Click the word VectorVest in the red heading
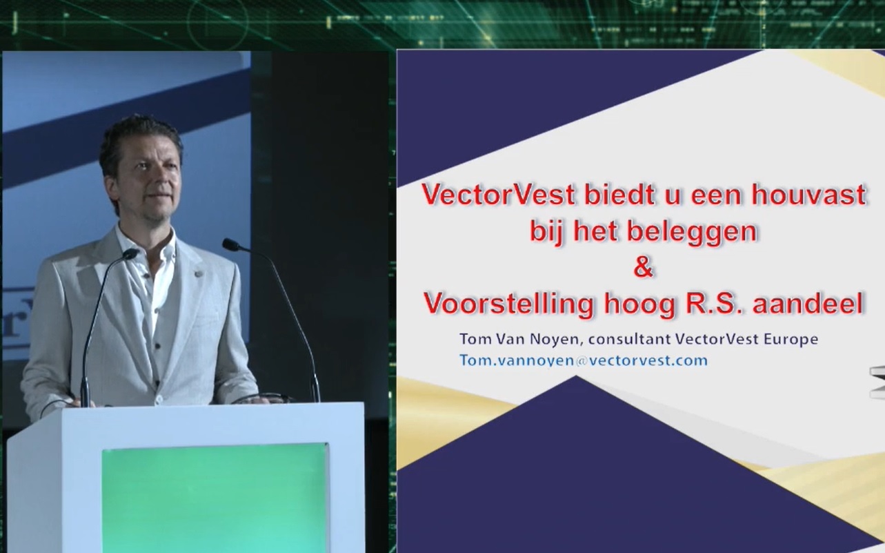point(499,195)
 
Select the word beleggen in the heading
point(692,233)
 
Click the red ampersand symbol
point(643,267)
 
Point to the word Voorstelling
point(509,304)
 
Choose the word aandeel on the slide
point(808,303)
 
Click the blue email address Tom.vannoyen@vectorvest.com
point(583,360)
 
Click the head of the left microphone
point(131,254)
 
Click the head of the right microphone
point(231,244)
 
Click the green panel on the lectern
point(215,498)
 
